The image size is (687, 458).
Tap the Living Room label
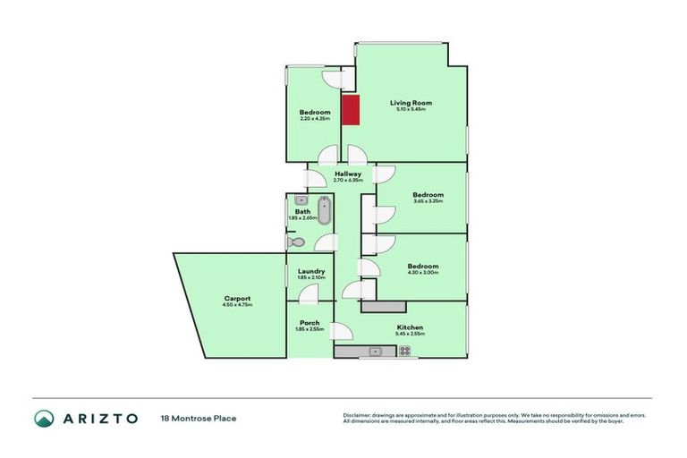411,103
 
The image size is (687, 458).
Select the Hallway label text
348,174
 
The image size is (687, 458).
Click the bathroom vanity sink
301,200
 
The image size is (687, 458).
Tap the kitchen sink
375,352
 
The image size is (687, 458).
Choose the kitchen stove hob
404,352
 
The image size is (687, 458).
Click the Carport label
237,298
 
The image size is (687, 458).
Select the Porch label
310,323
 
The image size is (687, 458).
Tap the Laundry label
310,271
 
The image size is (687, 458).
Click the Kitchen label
411,327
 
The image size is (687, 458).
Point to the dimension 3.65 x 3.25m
428,201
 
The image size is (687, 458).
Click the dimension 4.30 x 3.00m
422,273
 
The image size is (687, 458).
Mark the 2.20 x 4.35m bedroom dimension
315,118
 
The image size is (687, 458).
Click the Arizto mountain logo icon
44,418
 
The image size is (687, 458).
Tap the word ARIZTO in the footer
100,418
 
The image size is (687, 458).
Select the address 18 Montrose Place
199,418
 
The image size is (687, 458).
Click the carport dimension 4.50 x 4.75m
237,305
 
